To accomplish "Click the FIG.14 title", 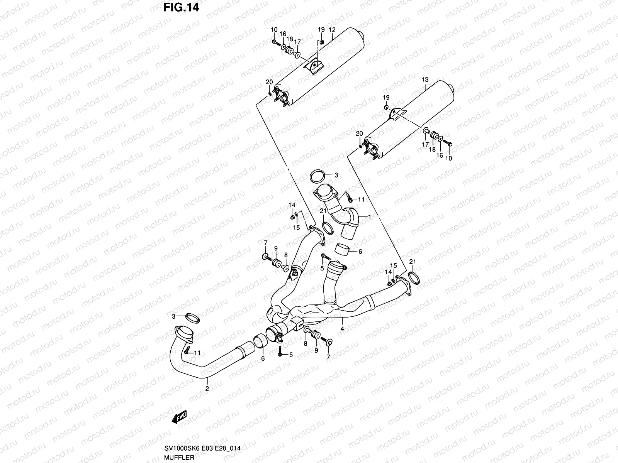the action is pyautogui.click(x=181, y=7).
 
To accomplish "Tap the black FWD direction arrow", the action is pyautogui.click(x=179, y=417).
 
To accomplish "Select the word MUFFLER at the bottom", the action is pyautogui.click(x=179, y=457).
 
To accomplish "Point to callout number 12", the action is pyautogui.click(x=332, y=30).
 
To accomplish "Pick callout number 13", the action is pyautogui.click(x=425, y=79).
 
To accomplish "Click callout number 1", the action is pyautogui.click(x=369, y=217).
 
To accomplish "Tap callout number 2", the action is pyautogui.click(x=207, y=389).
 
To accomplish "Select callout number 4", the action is pyautogui.click(x=342, y=329).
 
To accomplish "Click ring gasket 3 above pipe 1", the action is pyautogui.click(x=317, y=176).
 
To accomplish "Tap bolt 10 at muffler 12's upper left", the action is pyautogui.click(x=275, y=42).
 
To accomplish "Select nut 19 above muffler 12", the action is pyautogui.click(x=322, y=42).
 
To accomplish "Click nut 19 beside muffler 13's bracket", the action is pyautogui.click(x=386, y=107).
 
